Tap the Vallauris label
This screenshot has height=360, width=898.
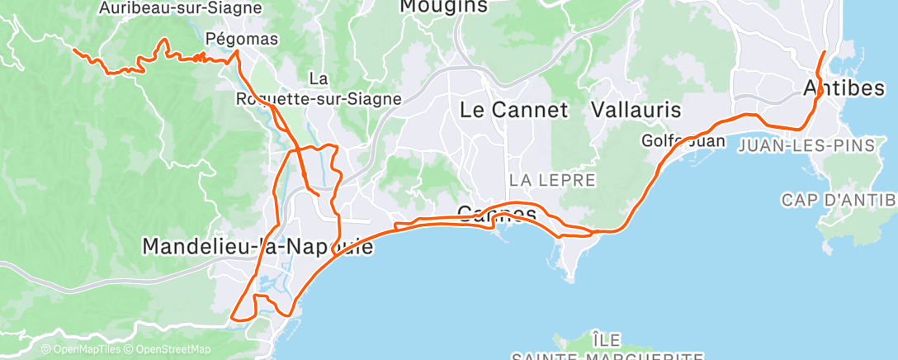[x=636, y=110]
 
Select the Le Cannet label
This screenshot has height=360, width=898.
[x=513, y=110]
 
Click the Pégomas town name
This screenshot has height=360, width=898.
[x=242, y=39]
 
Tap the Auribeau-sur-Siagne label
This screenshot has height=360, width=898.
[x=179, y=8]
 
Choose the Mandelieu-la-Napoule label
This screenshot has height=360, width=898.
[x=258, y=246]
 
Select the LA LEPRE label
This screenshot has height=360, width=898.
[x=552, y=179]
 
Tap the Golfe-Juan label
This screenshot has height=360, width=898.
[x=683, y=141]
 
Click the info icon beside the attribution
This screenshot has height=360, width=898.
[x=46, y=350]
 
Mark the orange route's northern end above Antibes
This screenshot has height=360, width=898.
[x=825, y=52]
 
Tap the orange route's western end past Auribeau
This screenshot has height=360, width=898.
[x=75, y=50]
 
